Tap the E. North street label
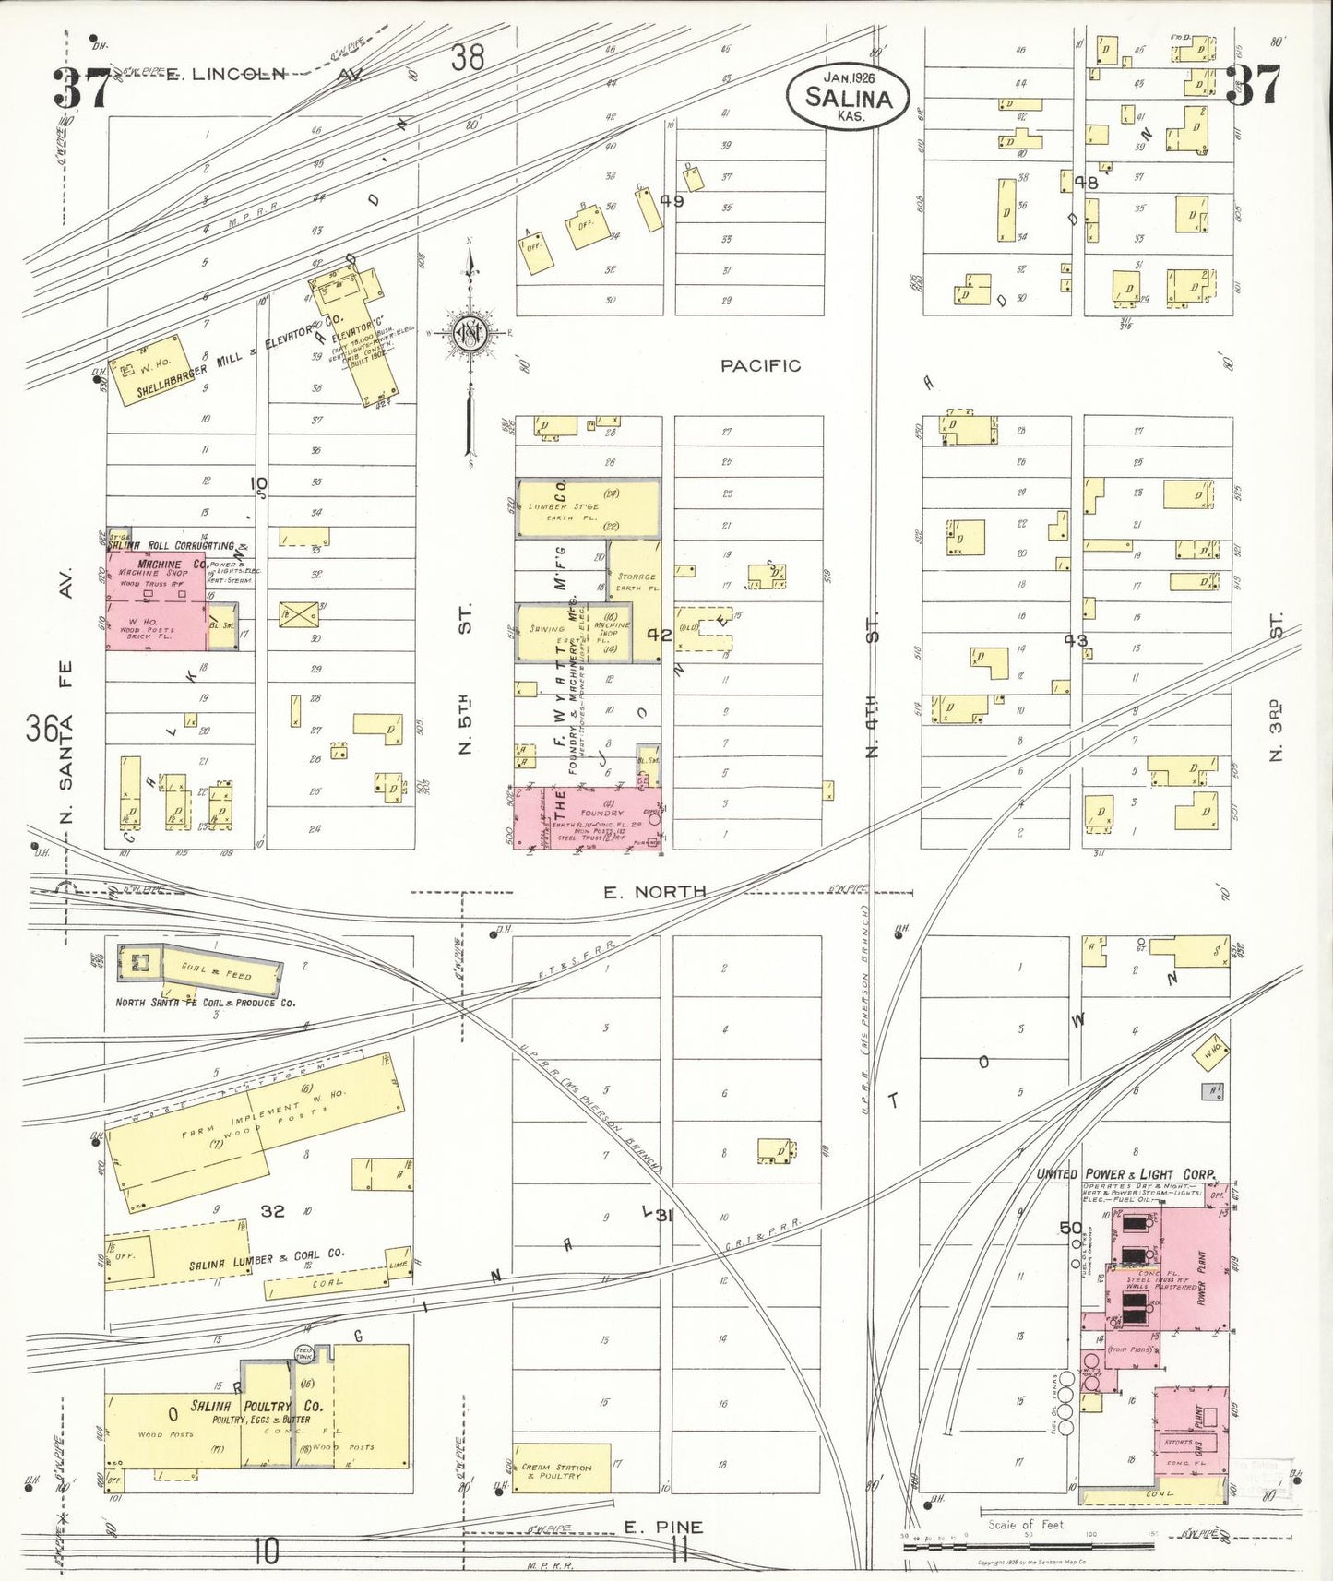tap(655, 892)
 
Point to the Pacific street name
tap(760, 366)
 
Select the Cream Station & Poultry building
tap(561, 1468)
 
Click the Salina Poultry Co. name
tap(256, 1407)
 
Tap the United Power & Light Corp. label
tap(1126, 1174)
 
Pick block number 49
tap(672, 200)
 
